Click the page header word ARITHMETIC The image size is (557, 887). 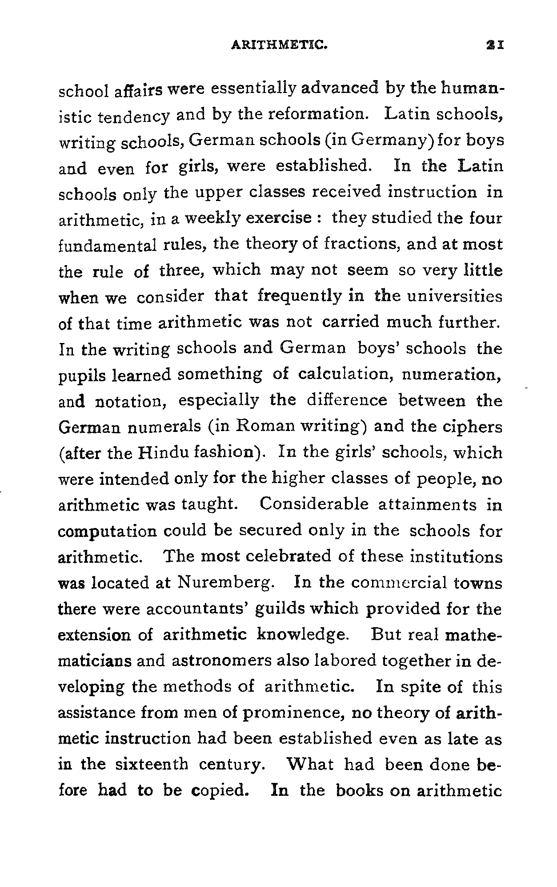pos(279,44)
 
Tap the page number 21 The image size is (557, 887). pos(494,44)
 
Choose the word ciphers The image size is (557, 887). pos(473,427)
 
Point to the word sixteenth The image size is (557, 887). pos(151,765)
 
